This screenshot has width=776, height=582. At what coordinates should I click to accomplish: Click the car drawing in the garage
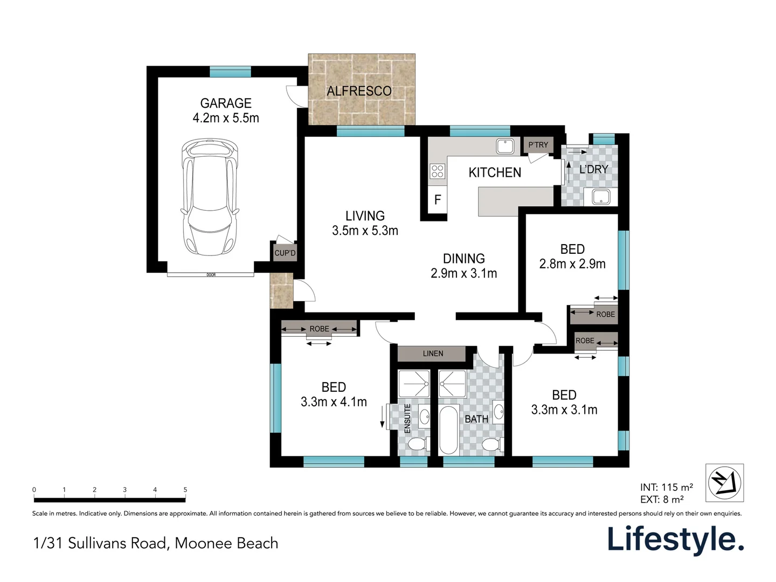pos(210,197)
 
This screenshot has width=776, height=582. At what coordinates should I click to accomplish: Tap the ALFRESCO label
pos(359,91)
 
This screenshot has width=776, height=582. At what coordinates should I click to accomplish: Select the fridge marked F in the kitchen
pos(438,199)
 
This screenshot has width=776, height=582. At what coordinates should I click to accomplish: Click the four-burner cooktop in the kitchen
pos(438,171)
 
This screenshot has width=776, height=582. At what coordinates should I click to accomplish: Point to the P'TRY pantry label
pos(538,144)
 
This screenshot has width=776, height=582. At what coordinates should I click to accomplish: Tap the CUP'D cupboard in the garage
pos(285,253)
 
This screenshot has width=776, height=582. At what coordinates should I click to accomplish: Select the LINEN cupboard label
pos(433,354)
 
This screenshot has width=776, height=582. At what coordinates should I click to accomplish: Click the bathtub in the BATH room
pos(448,429)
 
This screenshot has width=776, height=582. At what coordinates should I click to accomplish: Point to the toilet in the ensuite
pos(418,444)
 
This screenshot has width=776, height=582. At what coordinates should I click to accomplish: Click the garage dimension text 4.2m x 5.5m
pos(226,117)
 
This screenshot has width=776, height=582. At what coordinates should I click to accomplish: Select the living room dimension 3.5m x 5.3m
pos(365,231)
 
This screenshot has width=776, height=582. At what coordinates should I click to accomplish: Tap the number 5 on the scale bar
pos(185,490)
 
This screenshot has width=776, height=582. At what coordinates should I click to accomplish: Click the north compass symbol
pos(724,483)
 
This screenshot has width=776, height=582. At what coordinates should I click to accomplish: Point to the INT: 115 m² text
pos(667,487)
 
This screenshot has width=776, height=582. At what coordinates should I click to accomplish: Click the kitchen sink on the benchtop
pos(505,146)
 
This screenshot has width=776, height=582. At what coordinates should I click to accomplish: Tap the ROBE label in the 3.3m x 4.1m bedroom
pos(319,329)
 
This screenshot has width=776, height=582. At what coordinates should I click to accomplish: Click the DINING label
pos(464,259)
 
